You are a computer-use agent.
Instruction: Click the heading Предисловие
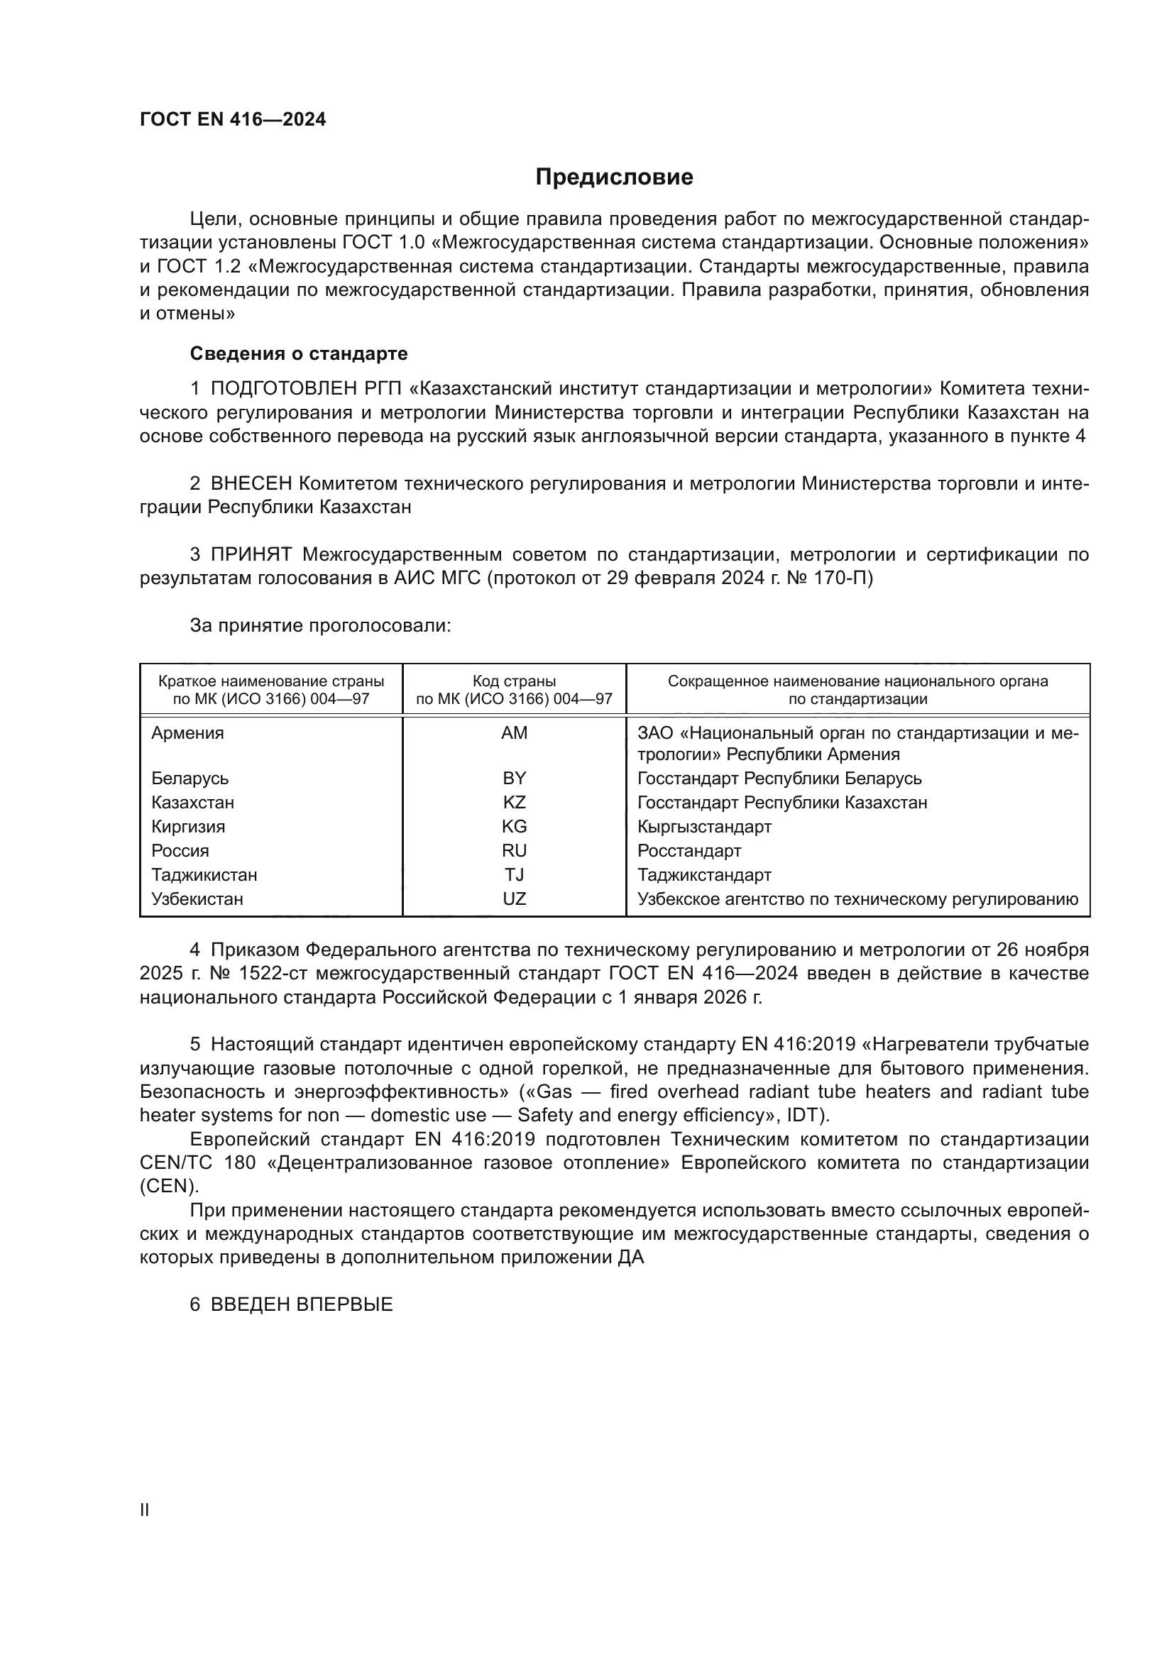[614, 177]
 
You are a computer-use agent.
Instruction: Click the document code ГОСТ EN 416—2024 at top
[233, 120]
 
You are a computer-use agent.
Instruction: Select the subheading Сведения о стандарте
[299, 353]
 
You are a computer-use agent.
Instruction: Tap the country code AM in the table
[514, 733]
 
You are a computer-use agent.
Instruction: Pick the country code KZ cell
[514, 803]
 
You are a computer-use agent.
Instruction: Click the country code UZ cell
[514, 898]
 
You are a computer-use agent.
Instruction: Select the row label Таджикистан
[204, 875]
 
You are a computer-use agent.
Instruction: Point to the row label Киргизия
[188, 826]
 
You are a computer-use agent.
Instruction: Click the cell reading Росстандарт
[689, 851]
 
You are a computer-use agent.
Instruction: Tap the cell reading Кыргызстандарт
[704, 826]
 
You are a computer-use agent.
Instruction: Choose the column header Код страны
[514, 681]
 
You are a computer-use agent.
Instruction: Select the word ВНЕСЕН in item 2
[251, 484]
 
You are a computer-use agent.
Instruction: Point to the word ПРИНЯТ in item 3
[251, 554]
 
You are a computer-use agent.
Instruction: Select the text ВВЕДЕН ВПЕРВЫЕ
[302, 1304]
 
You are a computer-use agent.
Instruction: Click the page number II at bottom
[145, 1510]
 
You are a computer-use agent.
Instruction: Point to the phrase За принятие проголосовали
[320, 625]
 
